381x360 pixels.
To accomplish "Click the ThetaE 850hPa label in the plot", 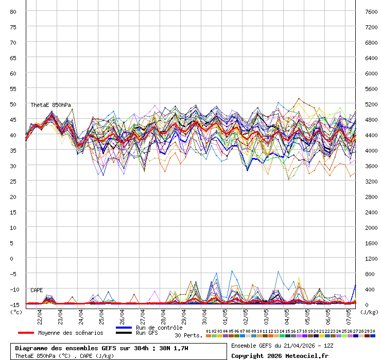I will point(50,105).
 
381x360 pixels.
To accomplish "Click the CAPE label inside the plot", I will point(37,290).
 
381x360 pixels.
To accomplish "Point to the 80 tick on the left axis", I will point(13,11).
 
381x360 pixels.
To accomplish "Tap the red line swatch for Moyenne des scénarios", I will point(26,333).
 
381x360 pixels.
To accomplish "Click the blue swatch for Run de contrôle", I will point(124,328).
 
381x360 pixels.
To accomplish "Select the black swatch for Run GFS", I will point(124,333).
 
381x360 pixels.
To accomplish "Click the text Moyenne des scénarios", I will point(71,333).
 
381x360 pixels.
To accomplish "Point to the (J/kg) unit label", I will point(369,312).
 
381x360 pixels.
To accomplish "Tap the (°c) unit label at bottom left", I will point(16,312).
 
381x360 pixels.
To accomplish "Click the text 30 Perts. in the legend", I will point(188,335).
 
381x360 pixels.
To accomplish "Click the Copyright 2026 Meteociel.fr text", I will point(280,355).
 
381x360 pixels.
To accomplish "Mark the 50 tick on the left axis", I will point(13,104).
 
